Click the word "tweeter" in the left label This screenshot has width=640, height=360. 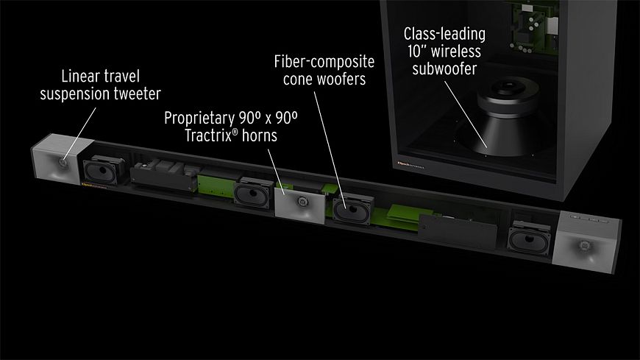pyautogui.click(x=135, y=93)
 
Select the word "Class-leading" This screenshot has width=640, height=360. pyautogui.click(x=444, y=34)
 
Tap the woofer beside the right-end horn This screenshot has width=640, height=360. pyautogui.click(x=528, y=239)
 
